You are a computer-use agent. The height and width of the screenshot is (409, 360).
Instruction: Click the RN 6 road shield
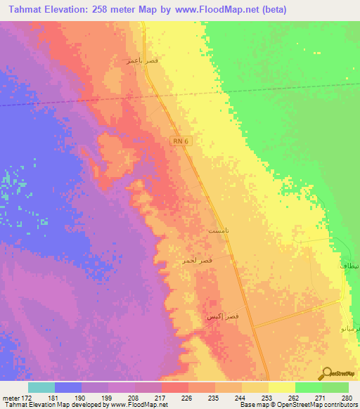181,141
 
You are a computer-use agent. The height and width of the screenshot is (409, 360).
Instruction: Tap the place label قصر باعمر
141,60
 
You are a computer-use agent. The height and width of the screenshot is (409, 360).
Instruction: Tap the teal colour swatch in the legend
41,387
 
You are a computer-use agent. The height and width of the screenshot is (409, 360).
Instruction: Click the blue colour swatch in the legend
68,387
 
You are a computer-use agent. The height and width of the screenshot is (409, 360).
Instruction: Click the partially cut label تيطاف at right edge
349,267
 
